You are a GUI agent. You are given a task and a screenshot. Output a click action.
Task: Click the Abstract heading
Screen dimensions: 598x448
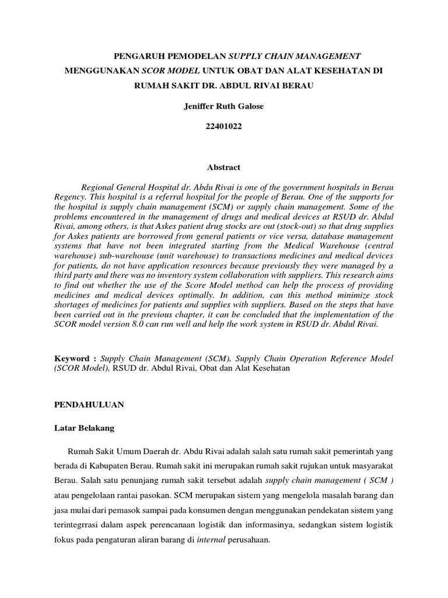pyautogui.click(x=223, y=167)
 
